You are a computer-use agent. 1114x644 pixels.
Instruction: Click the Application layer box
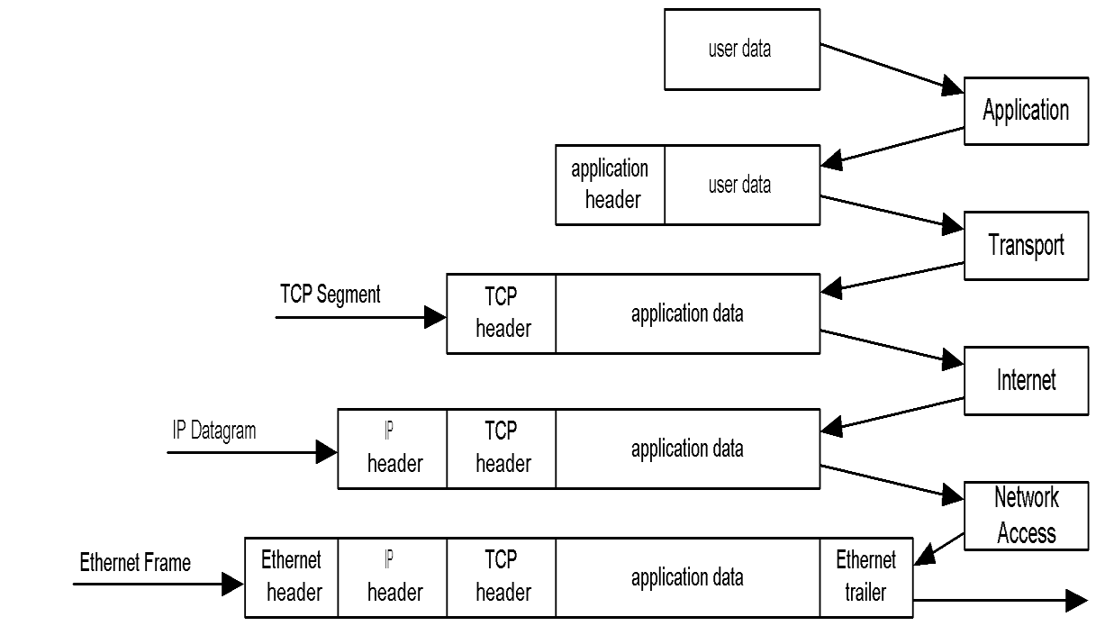pos(1026,111)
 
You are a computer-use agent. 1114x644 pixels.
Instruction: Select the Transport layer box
pos(1026,245)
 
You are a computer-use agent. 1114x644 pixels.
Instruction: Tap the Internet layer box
pos(1026,380)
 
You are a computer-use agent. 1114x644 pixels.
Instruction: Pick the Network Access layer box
pos(1026,515)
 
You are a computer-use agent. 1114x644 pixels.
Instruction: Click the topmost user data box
pos(741,50)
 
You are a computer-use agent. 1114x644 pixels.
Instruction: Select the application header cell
pos(610,185)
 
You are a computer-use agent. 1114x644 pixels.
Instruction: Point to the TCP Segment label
pos(330,295)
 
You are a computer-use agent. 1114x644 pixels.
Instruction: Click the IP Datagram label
pos(214,431)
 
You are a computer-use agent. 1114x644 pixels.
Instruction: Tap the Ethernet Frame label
pos(135,563)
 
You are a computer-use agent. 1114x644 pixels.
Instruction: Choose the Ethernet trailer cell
pos(865,577)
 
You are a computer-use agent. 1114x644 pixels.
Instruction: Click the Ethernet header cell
pos(292,577)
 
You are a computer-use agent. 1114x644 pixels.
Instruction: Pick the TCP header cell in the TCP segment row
pos(502,313)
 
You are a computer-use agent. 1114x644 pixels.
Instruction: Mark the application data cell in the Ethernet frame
pos(687,577)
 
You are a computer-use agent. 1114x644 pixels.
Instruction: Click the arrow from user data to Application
pos(892,68)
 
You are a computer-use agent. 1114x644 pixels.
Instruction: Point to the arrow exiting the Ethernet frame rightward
pos(1000,601)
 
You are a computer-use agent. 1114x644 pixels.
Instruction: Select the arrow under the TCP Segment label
pos(360,316)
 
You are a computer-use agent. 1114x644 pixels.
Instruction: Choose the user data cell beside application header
pos(741,185)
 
